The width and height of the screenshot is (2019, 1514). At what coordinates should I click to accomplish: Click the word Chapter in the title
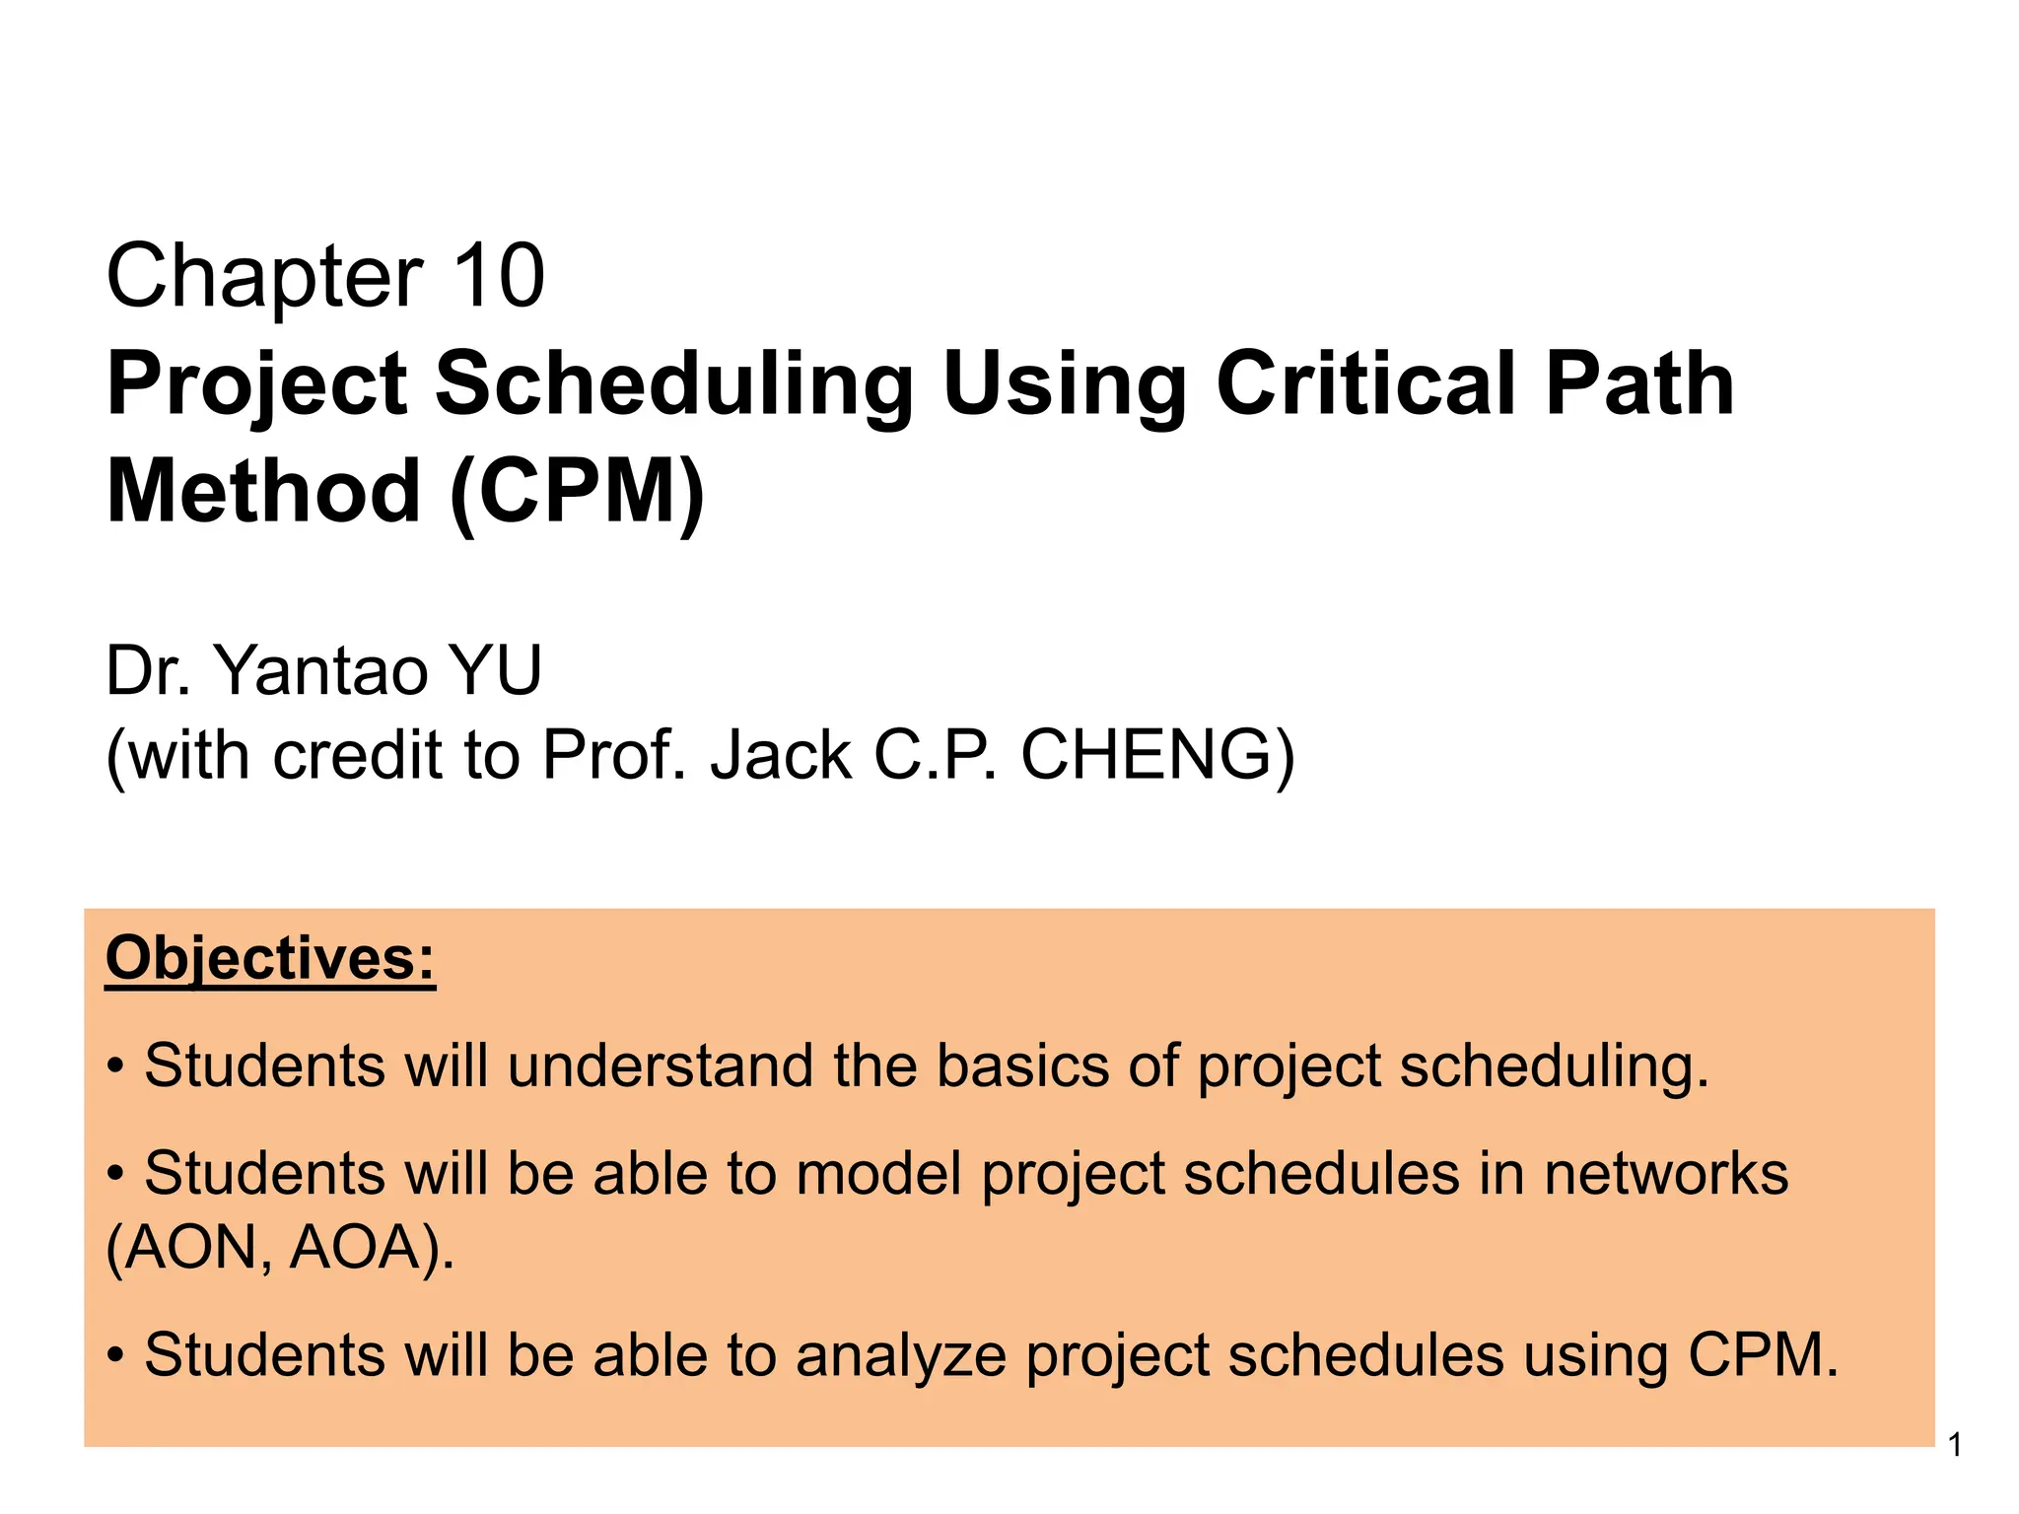[x=264, y=278]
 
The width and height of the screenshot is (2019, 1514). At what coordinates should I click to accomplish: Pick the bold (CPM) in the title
[x=578, y=493]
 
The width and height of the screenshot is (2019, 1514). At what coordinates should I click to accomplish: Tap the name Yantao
[x=321, y=671]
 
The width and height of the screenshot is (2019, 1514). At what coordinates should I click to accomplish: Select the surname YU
[x=495, y=671]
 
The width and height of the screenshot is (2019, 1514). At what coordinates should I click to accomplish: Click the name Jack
[x=780, y=756]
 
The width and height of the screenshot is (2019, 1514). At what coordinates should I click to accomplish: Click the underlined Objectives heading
[x=270, y=958]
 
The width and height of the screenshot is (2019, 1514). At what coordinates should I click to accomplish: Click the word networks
[x=1666, y=1175]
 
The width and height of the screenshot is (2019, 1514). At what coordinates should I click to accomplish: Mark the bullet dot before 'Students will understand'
[x=116, y=1067]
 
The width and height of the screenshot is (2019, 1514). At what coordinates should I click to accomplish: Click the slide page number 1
[x=1955, y=1446]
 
